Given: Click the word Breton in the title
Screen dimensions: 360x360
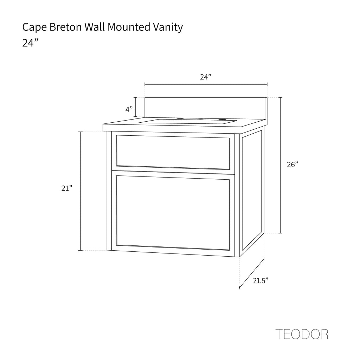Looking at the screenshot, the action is click(66, 27).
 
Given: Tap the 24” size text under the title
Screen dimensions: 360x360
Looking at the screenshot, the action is click(30, 43).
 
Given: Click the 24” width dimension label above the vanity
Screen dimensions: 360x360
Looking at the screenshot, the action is click(205, 77).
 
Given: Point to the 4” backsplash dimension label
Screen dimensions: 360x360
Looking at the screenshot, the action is click(129, 109).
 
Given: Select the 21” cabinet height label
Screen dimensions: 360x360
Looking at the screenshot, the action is click(67, 188).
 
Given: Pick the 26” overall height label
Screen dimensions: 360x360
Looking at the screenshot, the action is click(292, 165).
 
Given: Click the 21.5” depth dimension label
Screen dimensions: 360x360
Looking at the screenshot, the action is click(261, 280).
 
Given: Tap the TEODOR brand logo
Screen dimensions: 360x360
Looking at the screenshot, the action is click(302, 334).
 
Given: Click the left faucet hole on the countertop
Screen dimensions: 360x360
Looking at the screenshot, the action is click(180, 119).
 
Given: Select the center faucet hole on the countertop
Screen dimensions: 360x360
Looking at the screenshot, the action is click(201, 119).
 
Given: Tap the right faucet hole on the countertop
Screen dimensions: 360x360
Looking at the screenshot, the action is click(222, 119).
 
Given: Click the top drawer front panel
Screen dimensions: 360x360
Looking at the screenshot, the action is click(173, 152).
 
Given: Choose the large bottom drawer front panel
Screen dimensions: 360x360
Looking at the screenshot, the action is click(173, 213).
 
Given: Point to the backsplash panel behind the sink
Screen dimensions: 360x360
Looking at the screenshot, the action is click(206, 108).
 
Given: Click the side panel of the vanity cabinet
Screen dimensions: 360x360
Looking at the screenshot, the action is click(252, 191).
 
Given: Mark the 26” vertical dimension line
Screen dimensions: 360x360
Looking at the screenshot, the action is click(280, 165).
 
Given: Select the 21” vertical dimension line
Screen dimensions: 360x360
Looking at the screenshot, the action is click(81, 191).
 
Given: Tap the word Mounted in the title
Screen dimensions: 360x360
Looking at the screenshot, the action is click(129, 27).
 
